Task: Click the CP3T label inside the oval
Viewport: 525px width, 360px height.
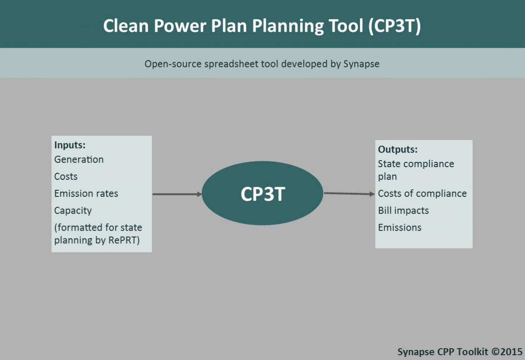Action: point(263,194)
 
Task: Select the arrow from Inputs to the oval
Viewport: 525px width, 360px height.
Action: point(177,194)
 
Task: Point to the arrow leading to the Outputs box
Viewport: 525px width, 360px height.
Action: point(349,194)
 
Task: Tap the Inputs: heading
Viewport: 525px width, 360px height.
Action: point(70,145)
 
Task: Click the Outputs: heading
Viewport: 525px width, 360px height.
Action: point(398,149)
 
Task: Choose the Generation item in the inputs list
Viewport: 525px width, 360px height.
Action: point(79,159)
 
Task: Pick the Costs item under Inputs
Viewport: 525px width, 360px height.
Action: point(66,176)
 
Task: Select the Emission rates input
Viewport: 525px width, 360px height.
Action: point(86,193)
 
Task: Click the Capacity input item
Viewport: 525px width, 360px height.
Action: point(73,211)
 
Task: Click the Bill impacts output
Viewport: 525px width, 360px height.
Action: point(403,210)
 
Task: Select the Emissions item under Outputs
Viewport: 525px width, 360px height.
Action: point(399,227)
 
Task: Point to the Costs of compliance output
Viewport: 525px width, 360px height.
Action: point(422,194)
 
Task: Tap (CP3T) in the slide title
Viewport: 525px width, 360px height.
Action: point(395,26)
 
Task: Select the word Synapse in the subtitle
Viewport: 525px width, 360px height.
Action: point(361,64)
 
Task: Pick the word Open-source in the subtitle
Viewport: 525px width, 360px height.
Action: point(173,64)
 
